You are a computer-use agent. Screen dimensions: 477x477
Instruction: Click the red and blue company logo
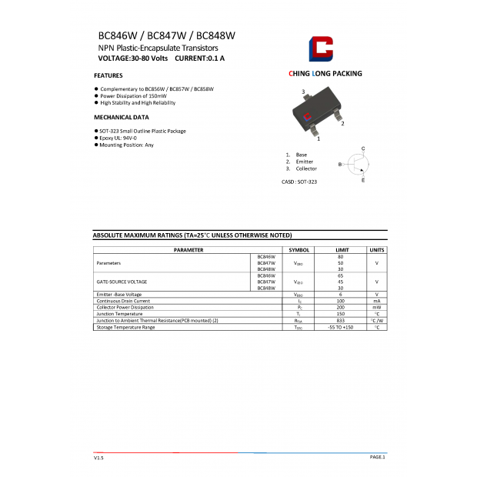322,48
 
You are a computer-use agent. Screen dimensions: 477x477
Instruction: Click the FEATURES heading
108,75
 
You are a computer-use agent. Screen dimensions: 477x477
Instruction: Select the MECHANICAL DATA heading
121,117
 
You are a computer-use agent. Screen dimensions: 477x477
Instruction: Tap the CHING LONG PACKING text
325,74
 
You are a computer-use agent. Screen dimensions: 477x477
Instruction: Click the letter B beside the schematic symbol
339,165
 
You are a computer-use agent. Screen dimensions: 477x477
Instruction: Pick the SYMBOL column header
299,250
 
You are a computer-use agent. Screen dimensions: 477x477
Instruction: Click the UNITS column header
376,250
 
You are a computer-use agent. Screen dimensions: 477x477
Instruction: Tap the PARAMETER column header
188,250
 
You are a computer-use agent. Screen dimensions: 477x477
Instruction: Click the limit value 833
340,320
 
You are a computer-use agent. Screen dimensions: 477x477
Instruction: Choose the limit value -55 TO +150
340,327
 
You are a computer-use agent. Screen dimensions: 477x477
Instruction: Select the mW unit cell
376,307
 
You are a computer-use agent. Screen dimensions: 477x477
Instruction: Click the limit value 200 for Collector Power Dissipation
340,307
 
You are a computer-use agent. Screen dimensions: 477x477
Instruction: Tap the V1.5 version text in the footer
98,457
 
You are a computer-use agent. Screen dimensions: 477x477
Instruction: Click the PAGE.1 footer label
377,456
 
